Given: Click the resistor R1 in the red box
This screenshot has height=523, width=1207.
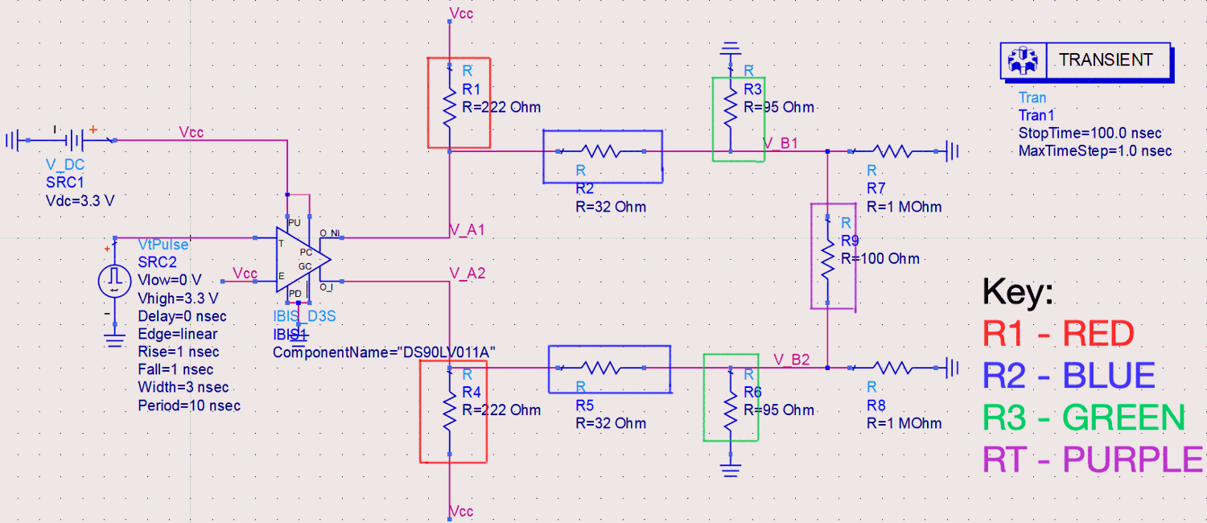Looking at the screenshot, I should click(x=449, y=104).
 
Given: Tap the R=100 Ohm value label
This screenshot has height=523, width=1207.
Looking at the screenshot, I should click(x=880, y=258).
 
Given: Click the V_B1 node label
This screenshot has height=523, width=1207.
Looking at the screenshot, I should click(x=780, y=142).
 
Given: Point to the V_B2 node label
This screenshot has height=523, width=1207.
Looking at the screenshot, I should click(x=791, y=359).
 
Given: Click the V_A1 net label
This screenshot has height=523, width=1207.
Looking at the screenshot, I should click(x=466, y=230).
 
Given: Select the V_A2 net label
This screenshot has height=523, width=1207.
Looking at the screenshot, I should click(x=466, y=274).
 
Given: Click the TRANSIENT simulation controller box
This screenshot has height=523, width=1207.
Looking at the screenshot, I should click(x=1085, y=60).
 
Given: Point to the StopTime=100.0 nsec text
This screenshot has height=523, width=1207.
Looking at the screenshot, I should click(x=1090, y=133).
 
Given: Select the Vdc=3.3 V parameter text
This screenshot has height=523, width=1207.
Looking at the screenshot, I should click(x=80, y=200).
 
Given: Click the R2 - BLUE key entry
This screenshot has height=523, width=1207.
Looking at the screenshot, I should click(x=1069, y=375).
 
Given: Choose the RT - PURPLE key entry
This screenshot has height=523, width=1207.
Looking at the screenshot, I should click(x=1093, y=459).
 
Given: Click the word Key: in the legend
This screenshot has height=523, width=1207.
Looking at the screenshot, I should click(x=1017, y=292).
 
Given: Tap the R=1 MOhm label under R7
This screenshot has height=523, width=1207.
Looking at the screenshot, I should click(x=904, y=206).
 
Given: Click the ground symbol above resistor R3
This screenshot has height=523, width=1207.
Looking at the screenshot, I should click(x=730, y=51).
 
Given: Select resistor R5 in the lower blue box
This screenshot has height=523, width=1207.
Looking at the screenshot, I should click(x=609, y=368).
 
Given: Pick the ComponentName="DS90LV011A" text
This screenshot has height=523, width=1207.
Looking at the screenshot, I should click(x=384, y=352).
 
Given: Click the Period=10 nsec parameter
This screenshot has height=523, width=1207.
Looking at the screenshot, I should click(x=189, y=405).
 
